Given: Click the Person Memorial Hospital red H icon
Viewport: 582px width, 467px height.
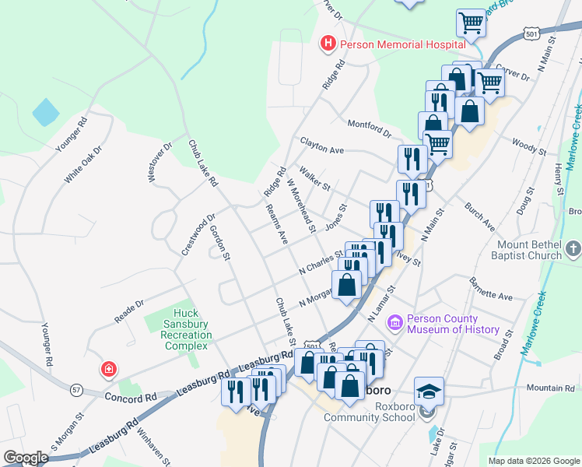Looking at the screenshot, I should [x=328, y=44].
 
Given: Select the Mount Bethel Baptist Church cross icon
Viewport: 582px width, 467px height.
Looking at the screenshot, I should [x=573, y=249].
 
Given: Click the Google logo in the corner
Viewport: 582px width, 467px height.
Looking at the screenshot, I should [x=26, y=458].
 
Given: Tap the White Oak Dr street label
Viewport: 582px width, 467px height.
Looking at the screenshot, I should [x=83, y=165].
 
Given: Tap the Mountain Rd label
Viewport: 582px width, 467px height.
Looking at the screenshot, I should [x=549, y=388].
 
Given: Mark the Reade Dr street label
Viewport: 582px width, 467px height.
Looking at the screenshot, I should [x=129, y=311].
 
